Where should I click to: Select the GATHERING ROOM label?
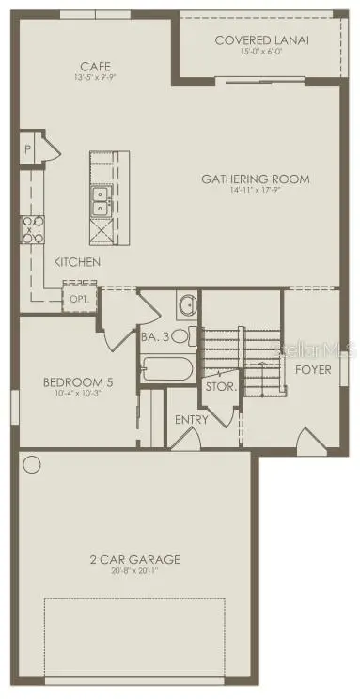click(x=256, y=179)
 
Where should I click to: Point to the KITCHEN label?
click(x=77, y=262)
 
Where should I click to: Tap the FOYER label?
click(x=313, y=369)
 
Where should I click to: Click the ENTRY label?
click(x=192, y=419)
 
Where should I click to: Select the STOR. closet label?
click(x=221, y=386)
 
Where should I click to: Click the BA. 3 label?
click(x=154, y=335)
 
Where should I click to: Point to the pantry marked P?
click(x=27, y=150)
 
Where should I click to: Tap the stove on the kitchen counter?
click(x=31, y=226)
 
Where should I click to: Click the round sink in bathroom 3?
click(x=186, y=304)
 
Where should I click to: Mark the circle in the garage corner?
click(x=33, y=464)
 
